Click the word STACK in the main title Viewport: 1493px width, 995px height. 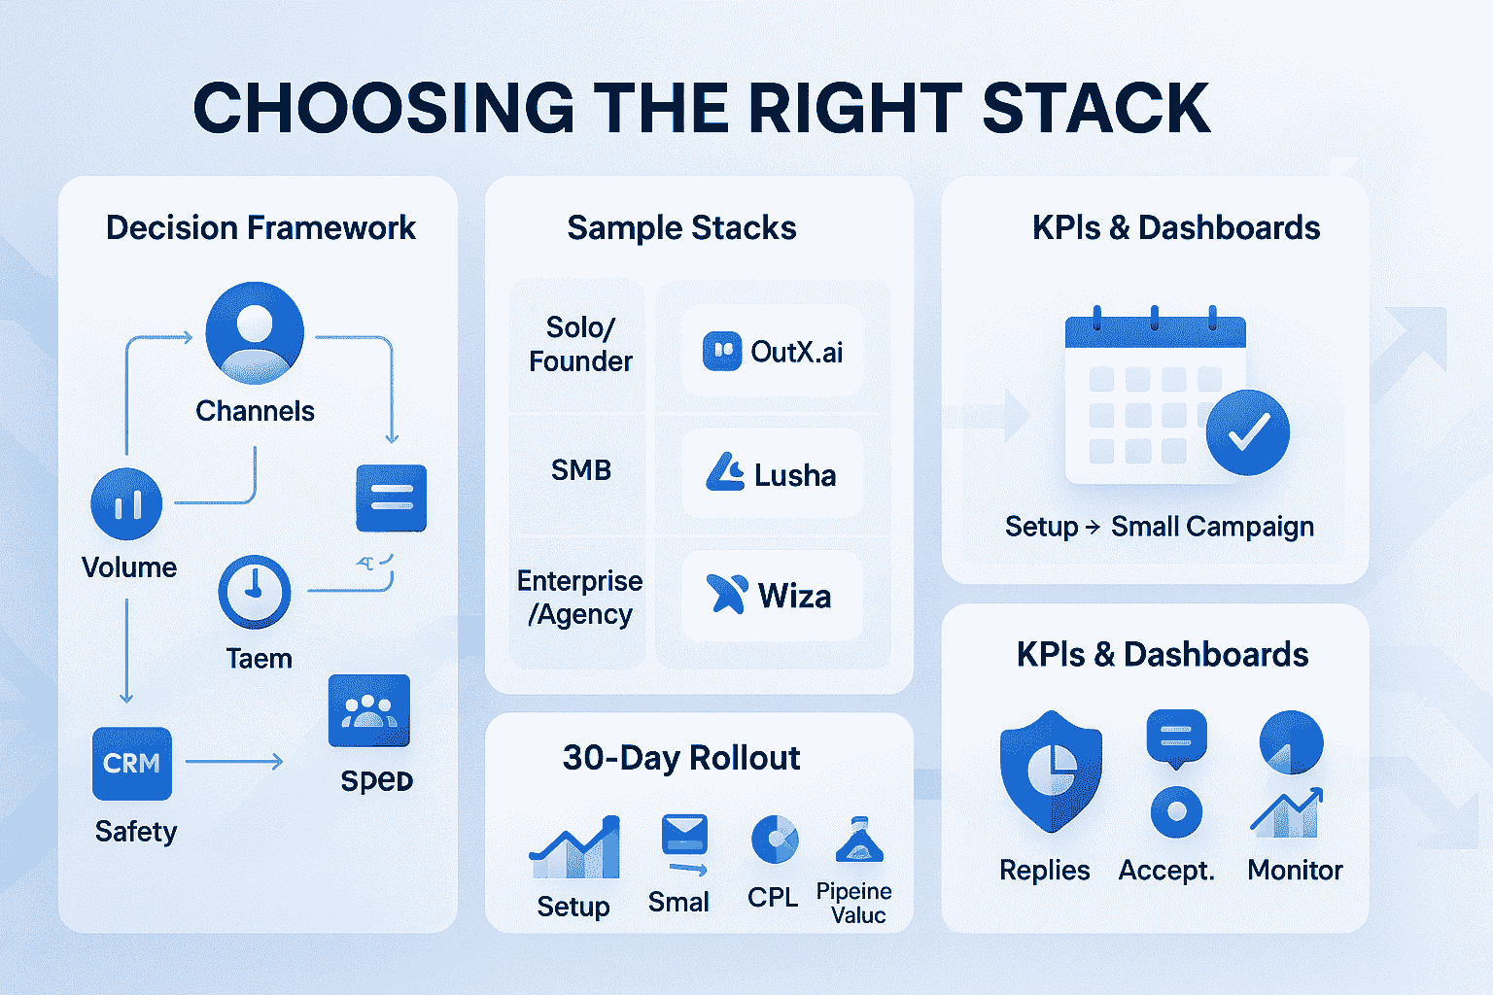click(x=1096, y=108)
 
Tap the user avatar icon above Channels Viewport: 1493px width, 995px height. click(x=255, y=332)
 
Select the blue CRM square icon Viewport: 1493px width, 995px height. click(x=132, y=764)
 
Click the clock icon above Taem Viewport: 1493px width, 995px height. click(x=254, y=591)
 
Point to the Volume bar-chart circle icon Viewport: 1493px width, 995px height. click(x=126, y=503)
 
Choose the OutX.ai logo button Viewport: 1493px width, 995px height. click(x=772, y=351)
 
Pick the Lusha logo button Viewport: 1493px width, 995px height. click(x=772, y=474)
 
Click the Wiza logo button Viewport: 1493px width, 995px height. click(x=772, y=596)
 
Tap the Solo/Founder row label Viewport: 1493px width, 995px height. click(x=580, y=344)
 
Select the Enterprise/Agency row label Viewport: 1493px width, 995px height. click(x=580, y=598)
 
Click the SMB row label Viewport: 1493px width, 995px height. click(x=581, y=470)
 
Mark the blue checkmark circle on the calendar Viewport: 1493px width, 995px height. click(x=1247, y=432)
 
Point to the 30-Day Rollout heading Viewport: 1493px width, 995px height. click(x=681, y=758)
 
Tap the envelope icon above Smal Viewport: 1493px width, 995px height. click(x=684, y=834)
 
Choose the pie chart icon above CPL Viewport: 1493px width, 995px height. click(x=775, y=839)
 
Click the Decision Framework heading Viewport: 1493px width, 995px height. click(x=260, y=228)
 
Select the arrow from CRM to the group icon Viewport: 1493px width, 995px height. click(x=233, y=762)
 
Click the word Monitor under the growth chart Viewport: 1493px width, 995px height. click(x=1295, y=870)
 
